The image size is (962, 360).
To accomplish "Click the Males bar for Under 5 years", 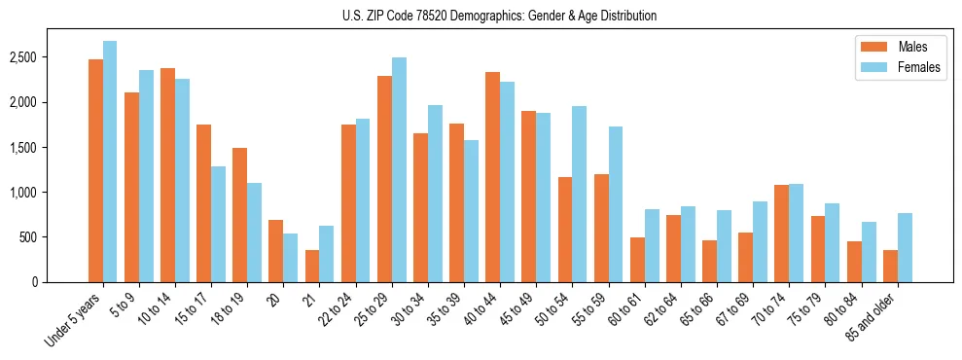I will [x=95, y=170].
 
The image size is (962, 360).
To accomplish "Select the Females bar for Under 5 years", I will [x=110, y=162].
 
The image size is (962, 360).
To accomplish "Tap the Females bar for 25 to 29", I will [x=399, y=169].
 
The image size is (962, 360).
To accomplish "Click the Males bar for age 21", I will [x=312, y=266].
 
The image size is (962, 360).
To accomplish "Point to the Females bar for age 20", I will [x=291, y=258].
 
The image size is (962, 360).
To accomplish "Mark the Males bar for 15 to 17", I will [x=204, y=203].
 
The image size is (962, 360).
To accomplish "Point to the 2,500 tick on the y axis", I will [x=52, y=57].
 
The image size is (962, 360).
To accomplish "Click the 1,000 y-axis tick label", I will [x=52, y=193].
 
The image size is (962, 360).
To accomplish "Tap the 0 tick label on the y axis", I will [x=60, y=282].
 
